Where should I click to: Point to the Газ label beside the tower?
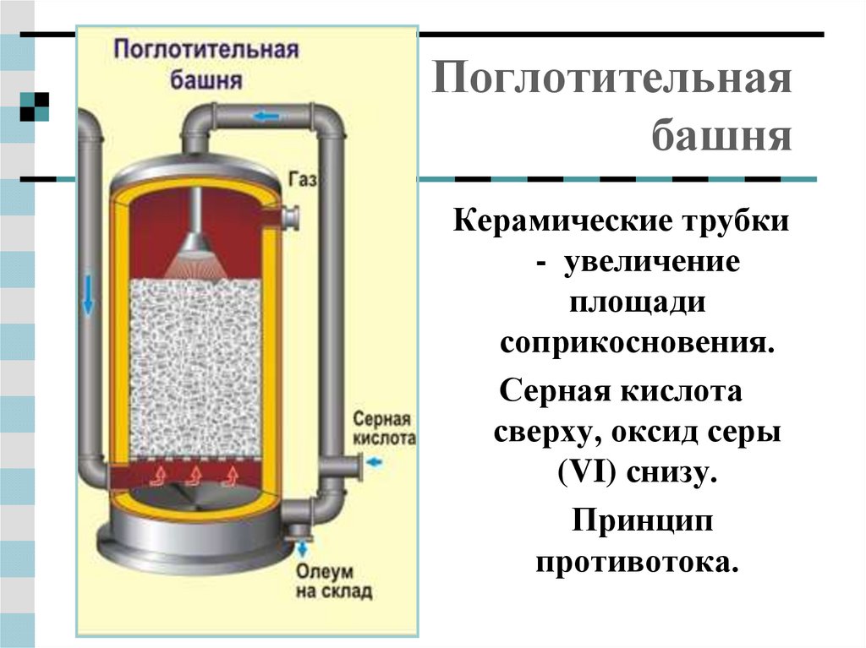(302, 179)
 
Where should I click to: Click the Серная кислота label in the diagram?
(383, 429)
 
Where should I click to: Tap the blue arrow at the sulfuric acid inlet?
(375, 462)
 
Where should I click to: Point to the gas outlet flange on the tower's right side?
(291, 219)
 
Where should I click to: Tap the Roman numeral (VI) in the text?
(588, 472)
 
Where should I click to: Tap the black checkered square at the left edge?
(34, 104)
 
